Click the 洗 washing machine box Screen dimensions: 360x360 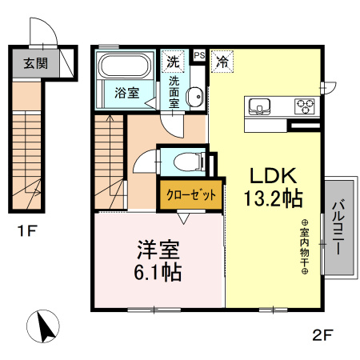click(x=173, y=59)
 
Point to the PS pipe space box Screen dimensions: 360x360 click(x=199, y=55)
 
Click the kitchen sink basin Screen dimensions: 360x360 click(x=262, y=106)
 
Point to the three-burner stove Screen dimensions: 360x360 click(x=304, y=105)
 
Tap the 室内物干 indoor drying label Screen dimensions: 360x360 click(x=305, y=248)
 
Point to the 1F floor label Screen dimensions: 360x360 click(x=27, y=233)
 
